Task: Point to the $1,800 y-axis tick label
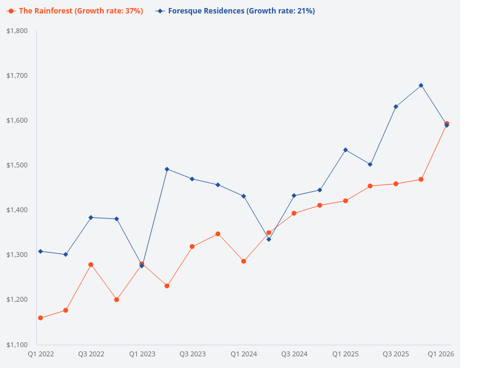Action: coord(17,31)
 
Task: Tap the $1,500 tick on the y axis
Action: coord(17,165)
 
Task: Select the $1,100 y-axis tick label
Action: coord(17,344)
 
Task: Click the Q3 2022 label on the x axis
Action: coord(91,354)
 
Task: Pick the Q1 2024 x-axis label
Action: coord(244,354)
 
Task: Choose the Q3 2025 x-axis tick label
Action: coord(396,354)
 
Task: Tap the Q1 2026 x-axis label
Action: coord(441,354)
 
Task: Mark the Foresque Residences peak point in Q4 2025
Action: coord(421,85)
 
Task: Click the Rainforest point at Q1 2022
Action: coord(41,318)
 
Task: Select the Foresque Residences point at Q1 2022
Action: coord(41,251)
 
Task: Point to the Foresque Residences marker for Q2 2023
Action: coord(167,169)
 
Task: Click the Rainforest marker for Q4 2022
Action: coord(117,299)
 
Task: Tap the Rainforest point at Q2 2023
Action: coord(167,286)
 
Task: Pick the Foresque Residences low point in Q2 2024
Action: coord(269,239)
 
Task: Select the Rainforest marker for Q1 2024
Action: coord(244,261)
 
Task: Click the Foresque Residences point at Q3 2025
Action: coord(396,107)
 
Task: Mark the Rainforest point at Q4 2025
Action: coord(421,179)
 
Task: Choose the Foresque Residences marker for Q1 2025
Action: coord(345,150)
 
